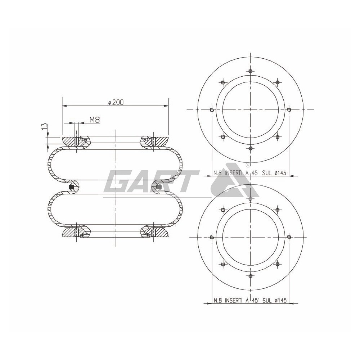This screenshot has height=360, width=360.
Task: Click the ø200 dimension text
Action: tap(116, 102)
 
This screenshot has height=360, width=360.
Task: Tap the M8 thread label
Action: tap(94, 120)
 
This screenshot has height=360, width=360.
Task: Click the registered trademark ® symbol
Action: tap(248, 165)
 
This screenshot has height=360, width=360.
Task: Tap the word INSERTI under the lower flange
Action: tap(234, 300)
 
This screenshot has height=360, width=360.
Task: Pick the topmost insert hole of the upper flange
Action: tap(250, 71)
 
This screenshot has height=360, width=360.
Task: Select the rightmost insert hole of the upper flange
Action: tap(289, 109)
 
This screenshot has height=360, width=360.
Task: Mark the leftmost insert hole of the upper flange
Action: tap(212, 109)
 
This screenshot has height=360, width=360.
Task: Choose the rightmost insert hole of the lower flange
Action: tap(289, 237)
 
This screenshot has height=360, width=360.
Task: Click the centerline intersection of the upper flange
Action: tap(250, 109)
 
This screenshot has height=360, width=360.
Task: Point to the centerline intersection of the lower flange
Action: tap(250, 237)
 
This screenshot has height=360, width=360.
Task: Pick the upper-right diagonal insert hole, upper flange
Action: tap(278, 82)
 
